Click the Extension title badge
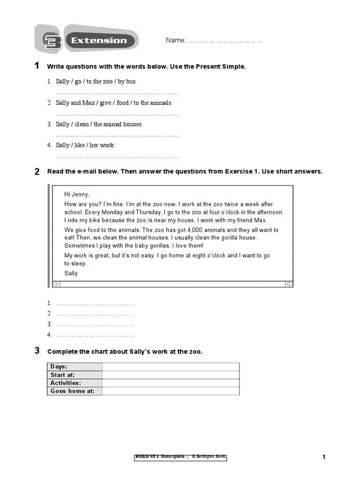99,41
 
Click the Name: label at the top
176,40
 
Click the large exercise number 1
37,66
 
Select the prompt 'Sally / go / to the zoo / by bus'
96,82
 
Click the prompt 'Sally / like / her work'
84,145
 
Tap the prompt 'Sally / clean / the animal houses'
98,124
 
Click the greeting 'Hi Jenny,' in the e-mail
77,195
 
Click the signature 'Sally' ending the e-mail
71,273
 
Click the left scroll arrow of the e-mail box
56,284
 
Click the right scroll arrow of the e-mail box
289,284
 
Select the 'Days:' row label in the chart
59,367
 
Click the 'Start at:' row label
63,375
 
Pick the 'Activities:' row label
66,383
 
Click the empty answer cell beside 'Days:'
171,367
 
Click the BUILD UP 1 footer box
180,457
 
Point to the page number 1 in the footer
323,457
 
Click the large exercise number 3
37,351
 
